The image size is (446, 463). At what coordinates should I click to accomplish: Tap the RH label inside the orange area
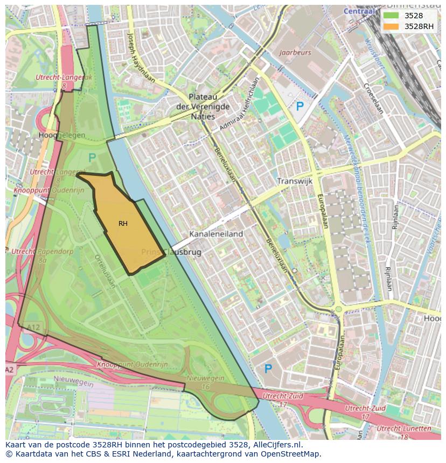(x=123, y=224)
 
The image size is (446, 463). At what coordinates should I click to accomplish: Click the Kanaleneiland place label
(x=216, y=234)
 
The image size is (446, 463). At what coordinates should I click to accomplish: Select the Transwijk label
(x=295, y=181)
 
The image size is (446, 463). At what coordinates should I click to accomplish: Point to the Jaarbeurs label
(x=295, y=53)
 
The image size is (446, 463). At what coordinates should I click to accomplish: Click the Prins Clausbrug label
(x=171, y=252)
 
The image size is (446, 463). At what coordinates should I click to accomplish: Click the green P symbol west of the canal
(x=92, y=158)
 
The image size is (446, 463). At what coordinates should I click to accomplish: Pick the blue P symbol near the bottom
(x=268, y=369)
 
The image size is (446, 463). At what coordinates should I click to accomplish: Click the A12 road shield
(x=33, y=327)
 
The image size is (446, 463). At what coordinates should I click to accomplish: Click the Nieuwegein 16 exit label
(x=205, y=382)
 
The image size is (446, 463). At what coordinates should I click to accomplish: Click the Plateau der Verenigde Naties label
(x=196, y=106)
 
